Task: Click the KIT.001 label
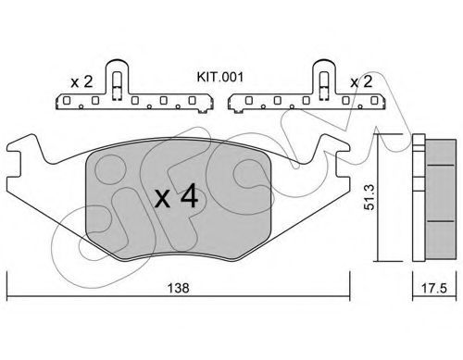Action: (220, 77)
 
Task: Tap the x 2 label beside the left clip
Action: (81, 82)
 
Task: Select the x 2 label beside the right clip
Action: (361, 82)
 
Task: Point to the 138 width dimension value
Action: (178, 288)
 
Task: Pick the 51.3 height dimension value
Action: (369, 197)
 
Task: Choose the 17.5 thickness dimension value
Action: (434, 289)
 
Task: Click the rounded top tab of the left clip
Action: (117, 66)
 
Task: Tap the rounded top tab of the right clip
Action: (323, 66)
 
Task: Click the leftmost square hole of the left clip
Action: (67, 100)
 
